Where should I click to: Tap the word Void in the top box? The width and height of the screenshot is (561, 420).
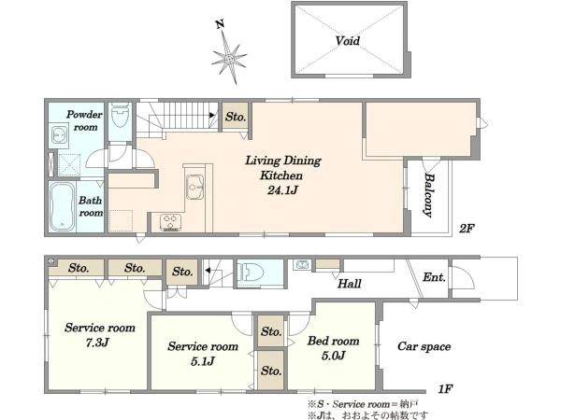348,40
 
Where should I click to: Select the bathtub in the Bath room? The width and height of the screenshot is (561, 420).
63,207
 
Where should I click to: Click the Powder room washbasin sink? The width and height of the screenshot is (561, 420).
58,135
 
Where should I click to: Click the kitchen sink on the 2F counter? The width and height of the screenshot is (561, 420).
194,187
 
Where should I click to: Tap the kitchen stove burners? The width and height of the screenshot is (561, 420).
170,221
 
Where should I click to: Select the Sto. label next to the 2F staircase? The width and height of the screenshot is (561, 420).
236,117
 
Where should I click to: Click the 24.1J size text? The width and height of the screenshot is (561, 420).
282,190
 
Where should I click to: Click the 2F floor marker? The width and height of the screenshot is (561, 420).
467,229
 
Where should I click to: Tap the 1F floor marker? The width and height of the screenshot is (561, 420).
445,388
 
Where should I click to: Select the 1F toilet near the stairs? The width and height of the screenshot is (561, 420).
252,273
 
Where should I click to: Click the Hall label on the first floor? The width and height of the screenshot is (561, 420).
349,284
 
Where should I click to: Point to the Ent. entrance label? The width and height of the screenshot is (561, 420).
434,277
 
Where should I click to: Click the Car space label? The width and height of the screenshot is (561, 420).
424,346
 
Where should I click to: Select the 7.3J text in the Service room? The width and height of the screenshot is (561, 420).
97,343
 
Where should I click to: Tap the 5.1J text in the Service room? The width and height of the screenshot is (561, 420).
202,361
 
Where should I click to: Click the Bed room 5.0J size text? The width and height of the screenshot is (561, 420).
333,356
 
